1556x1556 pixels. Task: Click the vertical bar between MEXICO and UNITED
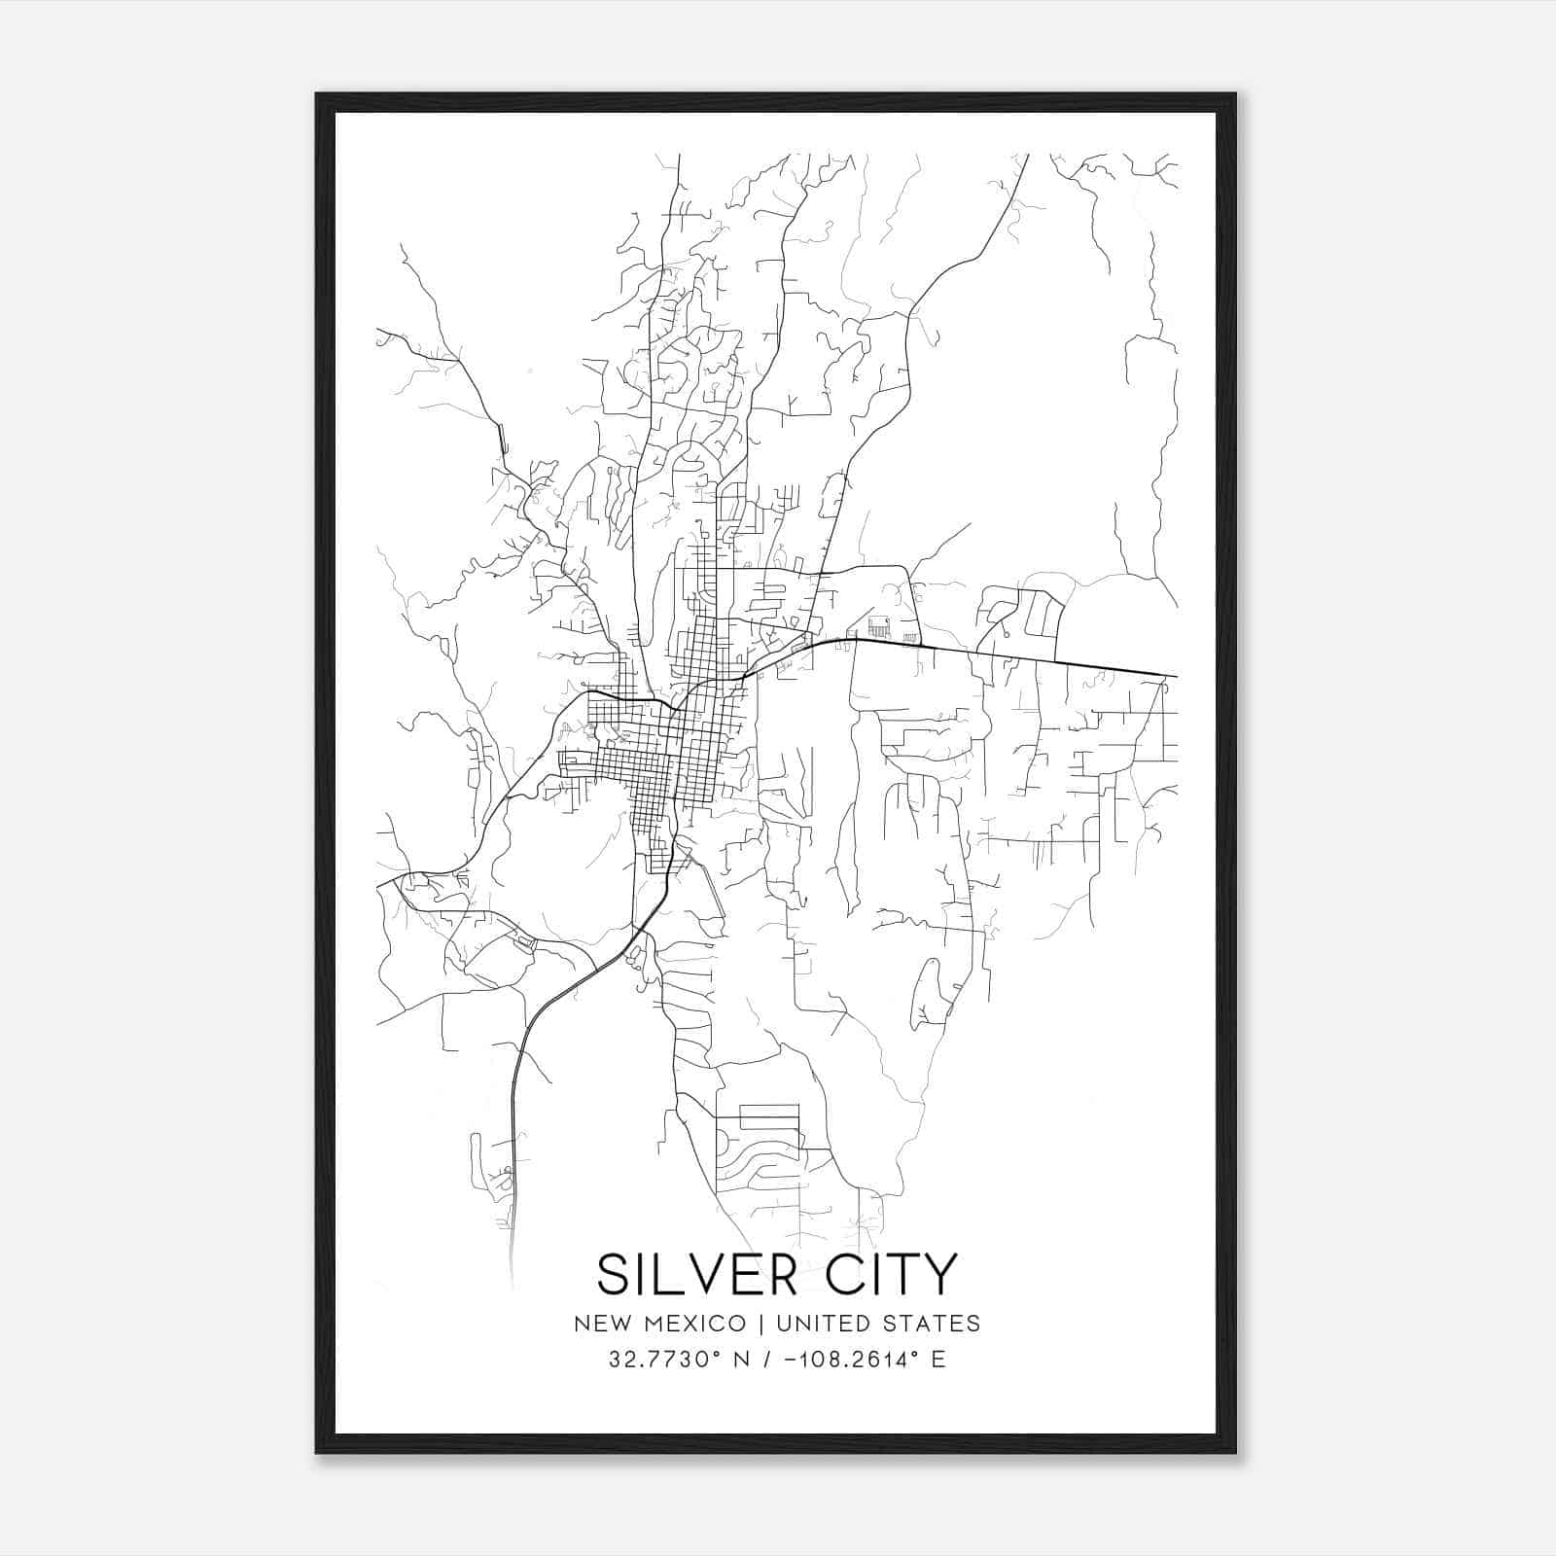(759, 1324)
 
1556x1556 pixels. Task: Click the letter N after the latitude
(745, 1360)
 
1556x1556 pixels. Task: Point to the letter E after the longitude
(938, 1360)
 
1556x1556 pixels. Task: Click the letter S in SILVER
(615, 1275)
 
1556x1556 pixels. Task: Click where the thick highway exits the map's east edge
(1176, 676)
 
